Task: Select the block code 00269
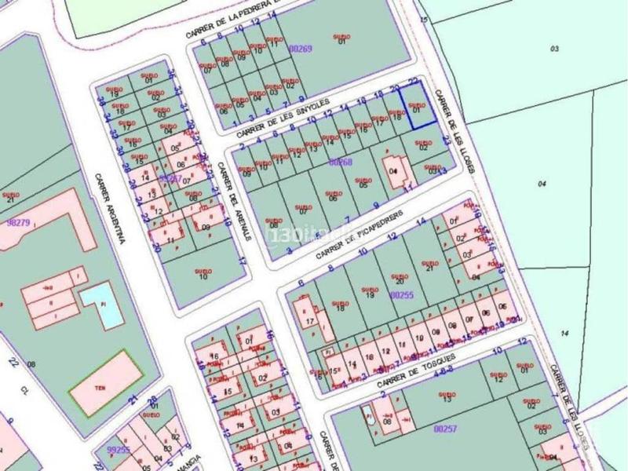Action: point(301,48)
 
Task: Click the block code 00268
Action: point(341,162)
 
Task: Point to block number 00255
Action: point(402,294)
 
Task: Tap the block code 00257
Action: point(444,429)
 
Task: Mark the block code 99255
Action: point(118,450)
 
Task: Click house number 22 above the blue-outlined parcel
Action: point(413,82)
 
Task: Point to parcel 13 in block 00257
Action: point(447,396)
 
